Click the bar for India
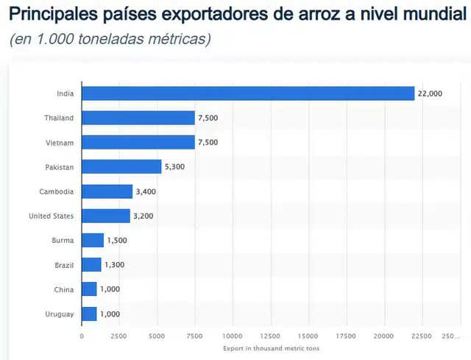click(248, 93)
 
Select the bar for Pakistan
click(121, 167)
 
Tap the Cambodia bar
click(107, 191)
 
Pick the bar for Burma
click(93, 241)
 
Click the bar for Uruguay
click(89, 314)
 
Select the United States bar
click(105, 216)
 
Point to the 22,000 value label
click(430, 93)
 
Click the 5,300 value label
click(175, 167)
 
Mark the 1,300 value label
click(115, 265)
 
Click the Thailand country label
click(59, 118)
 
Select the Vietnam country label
click(60, 142)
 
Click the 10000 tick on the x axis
click(233, 336)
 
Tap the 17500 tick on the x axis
click(346, 336)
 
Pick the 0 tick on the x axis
click(82, 336)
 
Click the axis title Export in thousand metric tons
click(271, 348)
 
